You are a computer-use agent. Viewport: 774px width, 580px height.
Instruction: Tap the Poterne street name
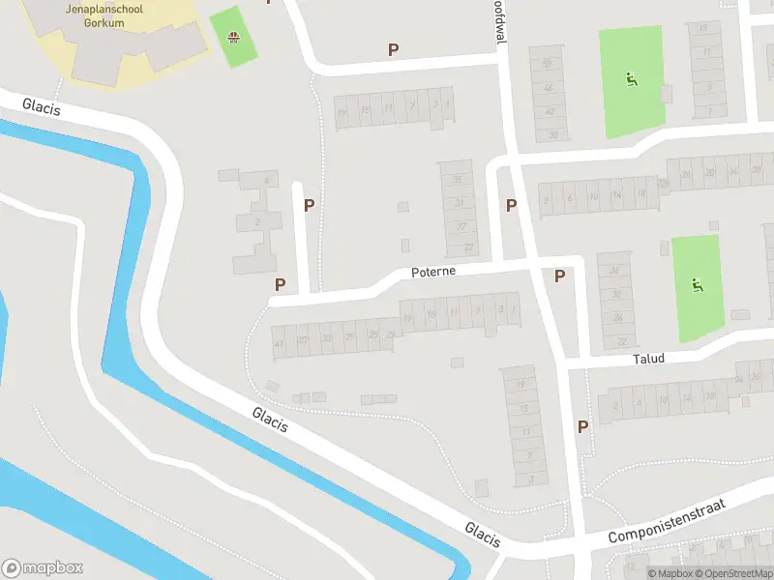click(432, 272)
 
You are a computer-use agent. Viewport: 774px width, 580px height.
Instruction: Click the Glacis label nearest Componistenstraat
click(482, 534)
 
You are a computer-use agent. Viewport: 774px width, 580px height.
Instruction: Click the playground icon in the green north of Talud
click(696, 284)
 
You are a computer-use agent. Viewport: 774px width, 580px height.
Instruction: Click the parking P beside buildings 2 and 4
click(310, 205)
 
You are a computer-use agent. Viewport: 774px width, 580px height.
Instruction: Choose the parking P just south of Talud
click(582, 426)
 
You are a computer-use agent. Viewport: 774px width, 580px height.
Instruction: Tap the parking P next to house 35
click(511, 205)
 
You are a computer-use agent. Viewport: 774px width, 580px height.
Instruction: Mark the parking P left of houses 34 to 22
click(559, 276)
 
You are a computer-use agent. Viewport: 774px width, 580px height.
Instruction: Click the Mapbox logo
click(43, 568)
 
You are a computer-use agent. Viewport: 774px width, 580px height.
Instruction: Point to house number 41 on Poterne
click(279, 343)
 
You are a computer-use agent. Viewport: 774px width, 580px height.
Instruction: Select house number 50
click(548, 64)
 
